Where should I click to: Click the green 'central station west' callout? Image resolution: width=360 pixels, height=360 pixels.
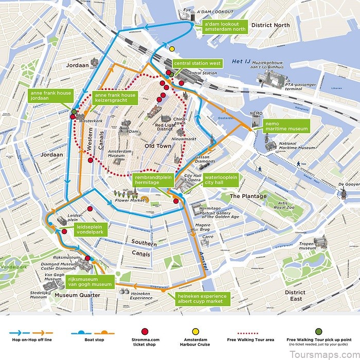(x=197, y=63)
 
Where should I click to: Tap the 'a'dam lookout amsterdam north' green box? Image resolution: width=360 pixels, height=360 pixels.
(x=225, y=27)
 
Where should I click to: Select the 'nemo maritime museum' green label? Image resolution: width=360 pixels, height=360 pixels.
(x=286, y=126)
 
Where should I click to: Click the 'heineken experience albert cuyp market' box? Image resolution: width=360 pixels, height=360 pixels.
(x=202, y=299)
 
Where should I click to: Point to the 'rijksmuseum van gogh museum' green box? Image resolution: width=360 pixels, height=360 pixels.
(x=89, y=281)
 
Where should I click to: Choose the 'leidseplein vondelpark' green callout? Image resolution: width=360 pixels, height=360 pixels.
(x=90, y=229)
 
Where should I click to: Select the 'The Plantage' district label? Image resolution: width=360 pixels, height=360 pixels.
(x=248, y=196)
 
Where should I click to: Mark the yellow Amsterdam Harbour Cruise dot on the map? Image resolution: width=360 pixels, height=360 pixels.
(x=172, y=49)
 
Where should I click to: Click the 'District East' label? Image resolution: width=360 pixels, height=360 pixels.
(x=295, y=296)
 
